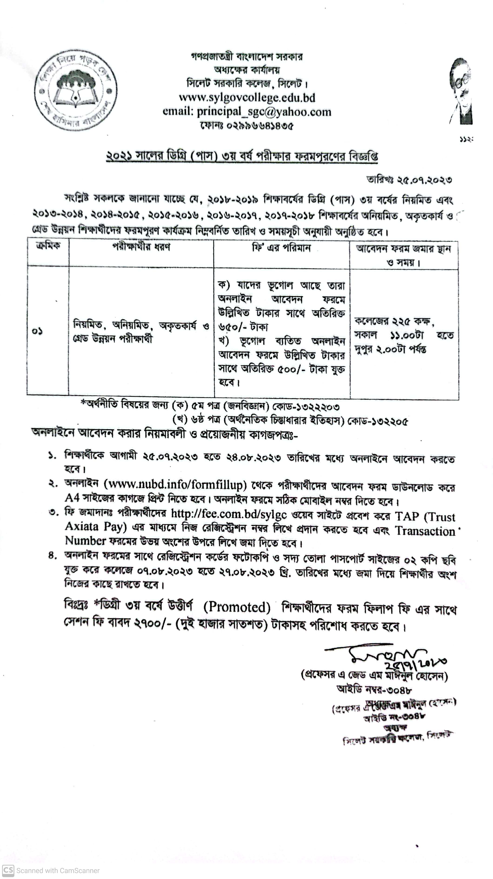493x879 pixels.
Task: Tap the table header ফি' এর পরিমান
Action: (281, 248)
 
